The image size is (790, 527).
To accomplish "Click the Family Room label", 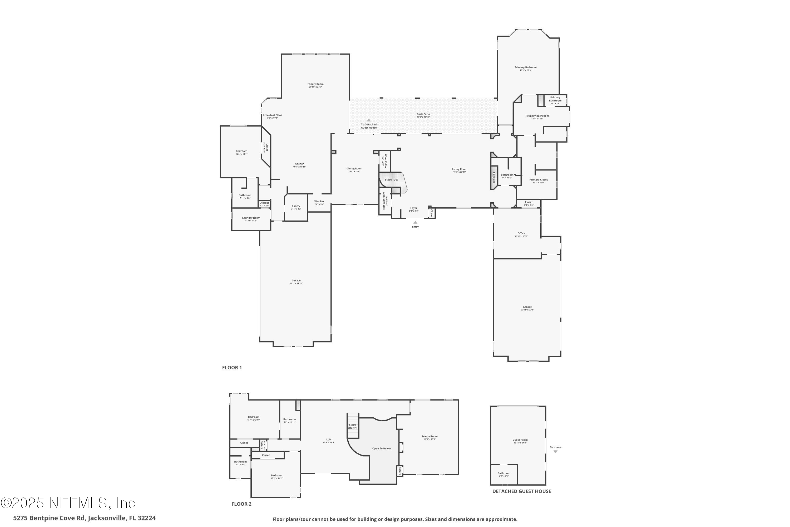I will (315, 84).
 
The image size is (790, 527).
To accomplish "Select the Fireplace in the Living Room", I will (494, 177).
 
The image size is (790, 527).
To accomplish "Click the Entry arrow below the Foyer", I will (415, 222).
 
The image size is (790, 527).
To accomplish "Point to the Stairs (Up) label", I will (391, 180).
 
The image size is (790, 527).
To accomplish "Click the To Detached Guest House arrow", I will (368, 120).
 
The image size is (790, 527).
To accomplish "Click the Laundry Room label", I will (251, 218).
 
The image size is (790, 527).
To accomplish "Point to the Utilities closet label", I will (264, 203).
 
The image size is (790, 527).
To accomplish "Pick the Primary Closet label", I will (539, 180).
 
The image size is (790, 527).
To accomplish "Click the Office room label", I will (521, 233).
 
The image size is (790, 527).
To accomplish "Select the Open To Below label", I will (381, 448).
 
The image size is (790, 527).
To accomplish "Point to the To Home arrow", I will (555, 452).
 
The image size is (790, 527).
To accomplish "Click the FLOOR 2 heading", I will (241, 504).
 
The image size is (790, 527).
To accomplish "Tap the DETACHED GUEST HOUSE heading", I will (521, 491).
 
